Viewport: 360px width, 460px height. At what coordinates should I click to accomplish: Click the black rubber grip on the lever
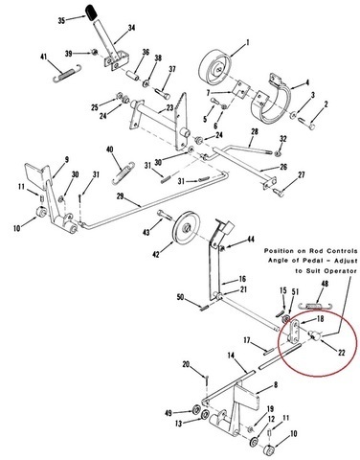pos(91,12)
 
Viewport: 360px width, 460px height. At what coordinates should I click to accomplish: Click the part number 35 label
pos(61,21)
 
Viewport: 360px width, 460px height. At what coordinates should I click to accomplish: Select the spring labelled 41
pos(67,74)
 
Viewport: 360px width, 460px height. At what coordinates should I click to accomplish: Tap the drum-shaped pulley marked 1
pos(214,67)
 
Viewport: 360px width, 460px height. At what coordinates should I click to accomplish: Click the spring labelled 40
pos(124,173)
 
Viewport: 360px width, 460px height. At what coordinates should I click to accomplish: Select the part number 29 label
pos(120,196)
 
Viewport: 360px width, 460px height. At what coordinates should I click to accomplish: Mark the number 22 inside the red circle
pos(341,353)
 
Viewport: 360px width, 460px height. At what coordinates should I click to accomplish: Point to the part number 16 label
pos(242,279)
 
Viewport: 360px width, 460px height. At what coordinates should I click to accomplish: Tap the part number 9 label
pos(66,160)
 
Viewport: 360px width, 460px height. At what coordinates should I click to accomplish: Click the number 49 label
pos(169,413)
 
